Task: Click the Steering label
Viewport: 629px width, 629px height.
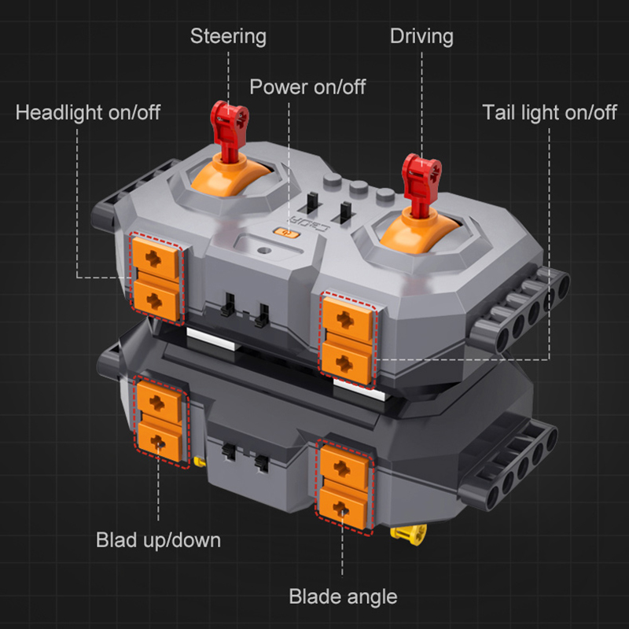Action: click(x=228, y=36)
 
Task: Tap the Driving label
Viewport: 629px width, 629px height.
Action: click(x=421, y=36)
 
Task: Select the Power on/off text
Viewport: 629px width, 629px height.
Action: click(x=307, y=86)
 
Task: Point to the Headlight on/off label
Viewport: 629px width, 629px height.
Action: click(x=88, y=112)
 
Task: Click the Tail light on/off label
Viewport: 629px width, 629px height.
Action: click(x=550, y=112)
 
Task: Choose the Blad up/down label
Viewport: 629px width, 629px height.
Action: click(x=159, y=540)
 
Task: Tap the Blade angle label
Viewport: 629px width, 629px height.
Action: click(x=343, y=597)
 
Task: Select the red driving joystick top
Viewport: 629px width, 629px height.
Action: click(x=421, y=175)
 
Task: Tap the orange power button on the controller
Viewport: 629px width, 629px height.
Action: click(x=285, y=232)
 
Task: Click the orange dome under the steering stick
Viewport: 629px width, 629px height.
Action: click(x=230, y=176)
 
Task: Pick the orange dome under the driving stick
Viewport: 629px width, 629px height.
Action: click(x=418, y=233)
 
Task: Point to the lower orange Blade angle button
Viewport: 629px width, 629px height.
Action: click(x=343, y=506)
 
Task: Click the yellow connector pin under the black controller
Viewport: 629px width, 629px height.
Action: click(x=408, y=535)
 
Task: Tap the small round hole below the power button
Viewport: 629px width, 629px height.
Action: click(x=264, y=250)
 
